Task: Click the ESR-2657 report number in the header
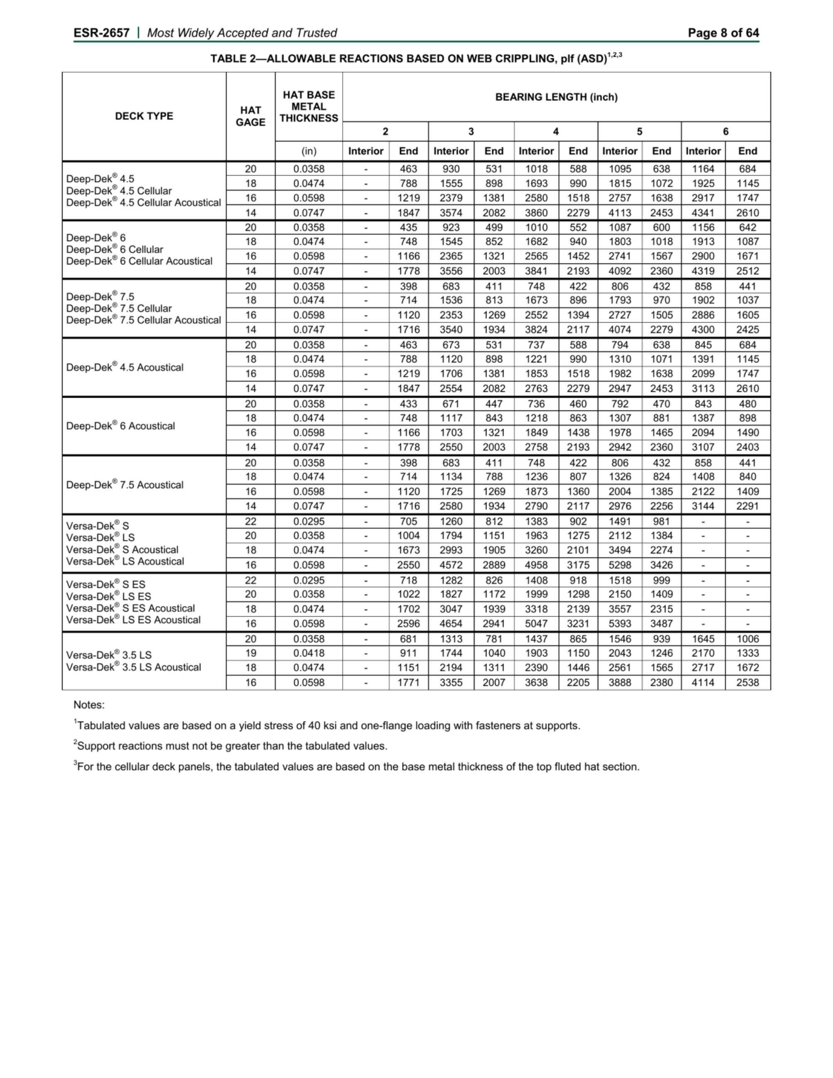pyautogui.click(x=101, y=33)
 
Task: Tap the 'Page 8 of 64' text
pyautogui.click(x=723, y=33)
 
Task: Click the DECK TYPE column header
pyautogui.click(x=144, y=116)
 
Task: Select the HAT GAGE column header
pyautogui.click(x=250, y=116)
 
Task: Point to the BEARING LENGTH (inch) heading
pyautogui.click(x=556, y=97)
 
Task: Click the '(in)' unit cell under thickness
pyautogui.click(x=309, y=151)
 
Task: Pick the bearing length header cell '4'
pyautogui.click(x=556, y=131)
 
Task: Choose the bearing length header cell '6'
pyautogui.click(x=725, y=131)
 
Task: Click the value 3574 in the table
pyautogui.click(x=451, y=213)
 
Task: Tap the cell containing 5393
pyautogui.click(x=620, y=623)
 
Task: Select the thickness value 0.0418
pyautogui.click(x=309, y=653)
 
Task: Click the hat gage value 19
pyautogui.click(x=251, y=653)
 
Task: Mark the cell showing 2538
pyautogui.click(x=747, y=683)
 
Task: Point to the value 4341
pyautogui.click(x=703, y=213)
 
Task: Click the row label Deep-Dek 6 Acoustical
pyautogui.click(x=120, y=426)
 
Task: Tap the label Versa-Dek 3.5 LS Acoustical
pyautogui.click(x=133, y=667)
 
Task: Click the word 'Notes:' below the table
pyautogui.click(x=89, y=705)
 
